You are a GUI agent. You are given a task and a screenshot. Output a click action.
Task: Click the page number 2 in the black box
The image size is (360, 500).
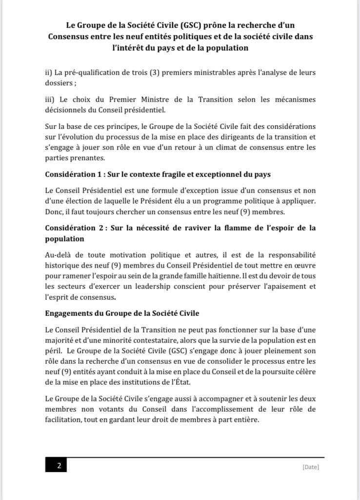pyautogui.click(x=59, y=466)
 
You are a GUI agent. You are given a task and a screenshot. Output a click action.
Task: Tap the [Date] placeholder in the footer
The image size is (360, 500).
pyautogui.click(x=310, y=467)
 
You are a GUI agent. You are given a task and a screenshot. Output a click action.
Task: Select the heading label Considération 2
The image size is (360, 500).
pyautogui.click(x=74, y=228)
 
